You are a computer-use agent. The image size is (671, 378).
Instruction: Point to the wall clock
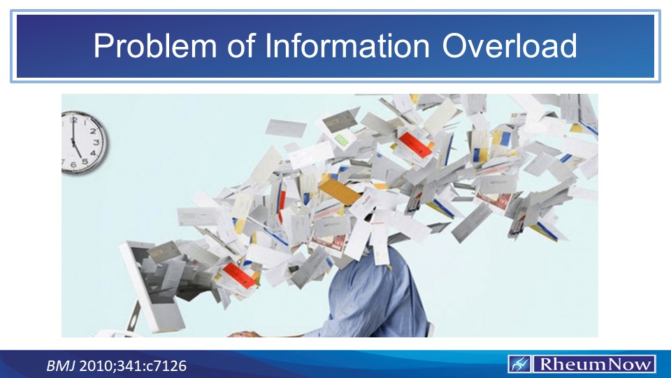(x=83, y=143)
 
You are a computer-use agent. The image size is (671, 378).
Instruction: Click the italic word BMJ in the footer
(x=59, y=365)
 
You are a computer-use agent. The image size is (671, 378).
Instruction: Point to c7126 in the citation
(x=165, y=365)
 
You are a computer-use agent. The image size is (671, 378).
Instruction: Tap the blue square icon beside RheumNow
(x=519, y=364)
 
